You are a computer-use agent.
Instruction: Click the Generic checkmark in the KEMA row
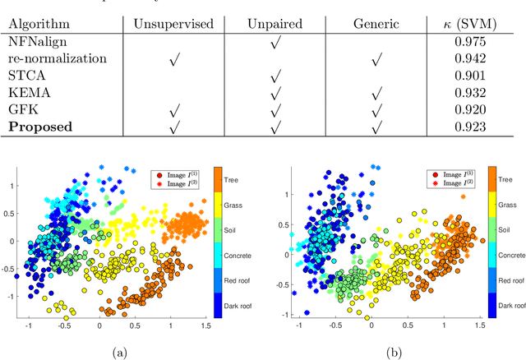coord(376,94)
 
